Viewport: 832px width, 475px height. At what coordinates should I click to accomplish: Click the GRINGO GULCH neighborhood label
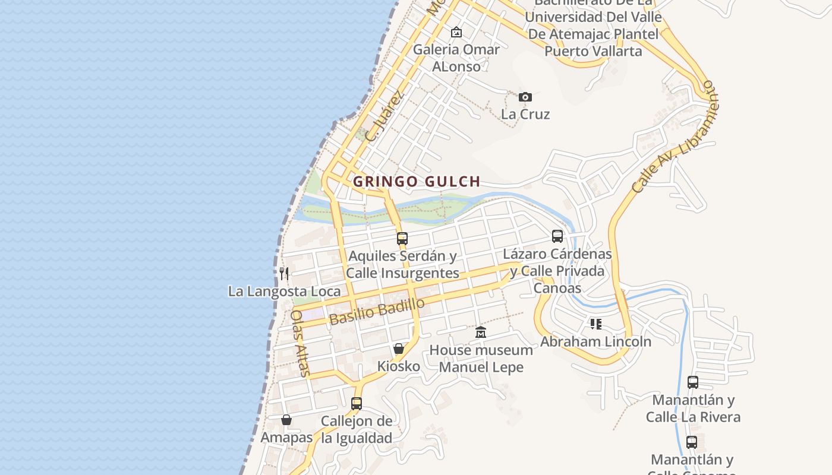click(x=416, y=182)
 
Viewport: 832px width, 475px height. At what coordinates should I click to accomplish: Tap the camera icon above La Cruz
click(x=525, y=97)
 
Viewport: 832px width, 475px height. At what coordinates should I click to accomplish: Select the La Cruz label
click(x=525, y=114)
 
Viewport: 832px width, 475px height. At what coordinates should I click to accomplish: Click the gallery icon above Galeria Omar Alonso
click(x=456, y=32)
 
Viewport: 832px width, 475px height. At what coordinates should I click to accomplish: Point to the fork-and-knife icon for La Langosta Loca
click(x=284, y=274)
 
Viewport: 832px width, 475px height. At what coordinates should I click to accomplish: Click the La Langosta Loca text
click(x=284, y=292)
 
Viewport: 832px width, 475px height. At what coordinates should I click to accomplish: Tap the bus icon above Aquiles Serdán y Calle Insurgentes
click(x=402, y=239)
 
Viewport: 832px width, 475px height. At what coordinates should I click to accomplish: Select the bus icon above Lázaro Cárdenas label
click(x=557, y=236)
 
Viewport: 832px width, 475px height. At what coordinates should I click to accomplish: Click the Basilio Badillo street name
click(x=377, y=311)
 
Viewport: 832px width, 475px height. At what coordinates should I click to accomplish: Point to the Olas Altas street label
click(x=301, y=343)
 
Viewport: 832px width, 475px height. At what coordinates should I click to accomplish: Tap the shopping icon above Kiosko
click(x=399, y=349)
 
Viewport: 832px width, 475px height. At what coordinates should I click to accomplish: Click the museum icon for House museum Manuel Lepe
click(x=481, y=332)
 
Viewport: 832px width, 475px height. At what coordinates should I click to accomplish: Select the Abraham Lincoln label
click(x=595, y=341)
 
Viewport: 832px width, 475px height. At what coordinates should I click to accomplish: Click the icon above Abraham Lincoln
click(x=596, y=324)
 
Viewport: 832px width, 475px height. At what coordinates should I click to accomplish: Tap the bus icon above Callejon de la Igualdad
click(x=357, y=404)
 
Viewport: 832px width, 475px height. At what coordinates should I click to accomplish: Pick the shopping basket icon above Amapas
click(x=286, y=420)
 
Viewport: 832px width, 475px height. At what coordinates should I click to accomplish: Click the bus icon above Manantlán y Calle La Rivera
click(x=693, y=382)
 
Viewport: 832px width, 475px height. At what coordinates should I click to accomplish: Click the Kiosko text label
click(x=399, y=366)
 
